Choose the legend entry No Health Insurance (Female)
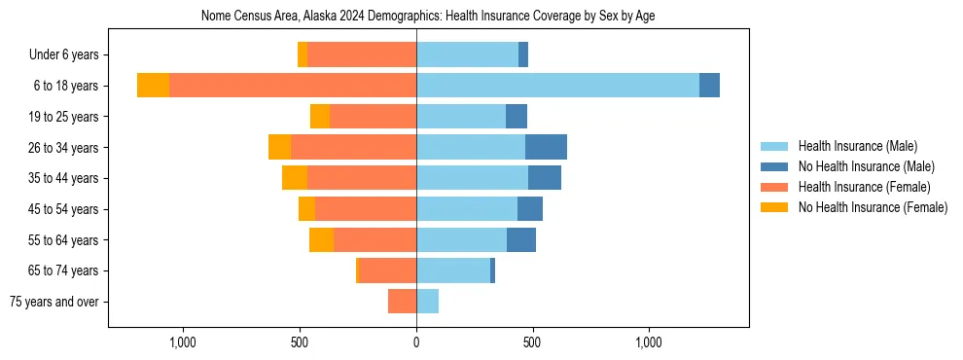pos(873,207)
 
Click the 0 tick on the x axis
pos(416,342)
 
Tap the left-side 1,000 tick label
pos(183,342)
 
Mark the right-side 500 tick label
pos(532,342)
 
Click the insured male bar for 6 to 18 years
pos(557,86)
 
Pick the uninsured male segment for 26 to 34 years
pos(546,147)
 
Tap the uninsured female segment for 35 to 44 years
pos(295,178)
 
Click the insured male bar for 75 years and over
pos(427,302)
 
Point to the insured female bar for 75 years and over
pos(403,302)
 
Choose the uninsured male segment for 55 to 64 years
pos(521,239)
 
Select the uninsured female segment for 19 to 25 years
pos(320,117)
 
